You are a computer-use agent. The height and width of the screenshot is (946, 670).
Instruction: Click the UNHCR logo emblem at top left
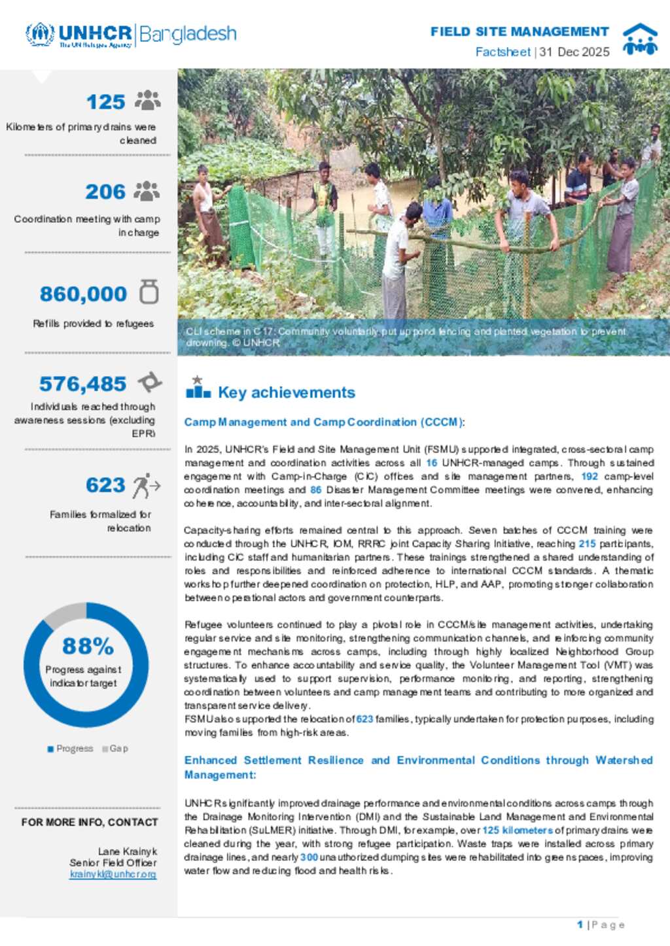39,34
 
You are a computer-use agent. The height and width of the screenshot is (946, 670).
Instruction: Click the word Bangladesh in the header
188,34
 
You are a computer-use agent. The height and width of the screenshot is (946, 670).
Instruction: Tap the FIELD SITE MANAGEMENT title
520,31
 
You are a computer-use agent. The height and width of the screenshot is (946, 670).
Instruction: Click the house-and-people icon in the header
639,39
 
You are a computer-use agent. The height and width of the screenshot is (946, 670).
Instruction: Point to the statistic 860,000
83,294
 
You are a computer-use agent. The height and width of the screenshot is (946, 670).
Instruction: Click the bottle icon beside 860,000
149,292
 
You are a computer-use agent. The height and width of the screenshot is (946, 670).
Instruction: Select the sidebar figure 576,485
82,384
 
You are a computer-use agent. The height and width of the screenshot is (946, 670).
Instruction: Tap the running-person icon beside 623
146,486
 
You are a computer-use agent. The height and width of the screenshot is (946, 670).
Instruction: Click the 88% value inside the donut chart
88,646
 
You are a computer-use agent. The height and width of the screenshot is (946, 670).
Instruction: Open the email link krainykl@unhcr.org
113,874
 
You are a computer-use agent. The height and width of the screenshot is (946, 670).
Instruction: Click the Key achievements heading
286,392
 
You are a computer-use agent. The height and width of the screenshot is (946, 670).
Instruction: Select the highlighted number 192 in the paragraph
590,476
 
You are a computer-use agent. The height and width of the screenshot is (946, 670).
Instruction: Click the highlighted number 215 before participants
587,543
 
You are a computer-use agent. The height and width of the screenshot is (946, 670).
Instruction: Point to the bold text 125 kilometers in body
517,830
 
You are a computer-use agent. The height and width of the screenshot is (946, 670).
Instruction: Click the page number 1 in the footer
580,924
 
